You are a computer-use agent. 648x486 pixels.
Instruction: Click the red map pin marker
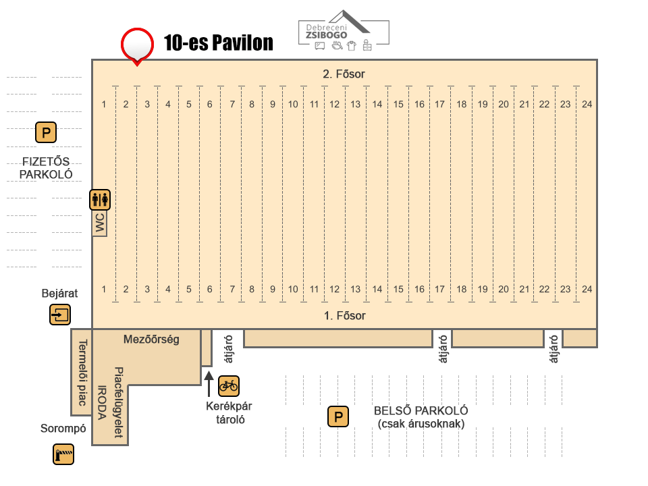tap(137, 45)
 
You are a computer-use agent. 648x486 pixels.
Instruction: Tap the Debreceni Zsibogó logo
tap(344, 31)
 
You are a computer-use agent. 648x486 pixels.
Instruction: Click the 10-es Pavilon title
tap(219, 43)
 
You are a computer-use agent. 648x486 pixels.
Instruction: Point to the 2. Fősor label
tap(344, 74)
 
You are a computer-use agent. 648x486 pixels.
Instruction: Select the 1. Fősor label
tap(345, 316)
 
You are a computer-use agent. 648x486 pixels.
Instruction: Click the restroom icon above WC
tap(100, 200)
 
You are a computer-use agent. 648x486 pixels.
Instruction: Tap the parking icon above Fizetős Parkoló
tap(46, 133)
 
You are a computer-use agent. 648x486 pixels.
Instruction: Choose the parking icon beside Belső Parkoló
tap(338, 416)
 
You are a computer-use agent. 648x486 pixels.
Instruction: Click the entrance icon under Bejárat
tap(60, 315)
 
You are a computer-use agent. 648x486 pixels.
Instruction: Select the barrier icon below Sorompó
tap(63, 454)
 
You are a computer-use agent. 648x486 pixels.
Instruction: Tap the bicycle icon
tap(229, 386)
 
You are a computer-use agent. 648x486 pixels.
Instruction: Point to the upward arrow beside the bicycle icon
tap(209, 384)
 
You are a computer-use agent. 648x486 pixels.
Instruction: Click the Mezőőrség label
tap(151, 340)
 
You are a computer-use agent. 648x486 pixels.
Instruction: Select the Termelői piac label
tap(82, 373)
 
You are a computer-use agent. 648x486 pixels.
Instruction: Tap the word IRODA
tap(102, 402)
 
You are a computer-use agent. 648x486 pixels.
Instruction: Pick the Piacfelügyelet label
tap(119, 402)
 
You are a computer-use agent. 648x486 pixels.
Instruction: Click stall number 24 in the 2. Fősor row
tap(587, 104)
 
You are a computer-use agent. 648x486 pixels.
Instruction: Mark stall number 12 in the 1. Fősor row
tap(334, 290)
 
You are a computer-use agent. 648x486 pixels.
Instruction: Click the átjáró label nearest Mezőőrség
tap(229, 349)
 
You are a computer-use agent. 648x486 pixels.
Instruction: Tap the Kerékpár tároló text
tap(230, 412)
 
